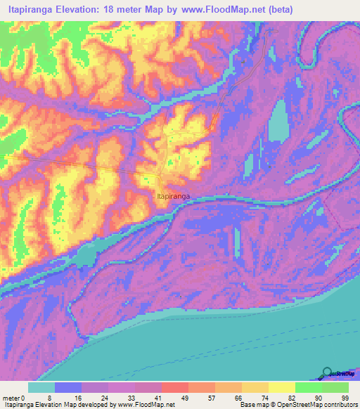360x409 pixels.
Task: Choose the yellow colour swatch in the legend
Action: [282, 387]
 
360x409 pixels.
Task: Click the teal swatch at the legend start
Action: [41, 387]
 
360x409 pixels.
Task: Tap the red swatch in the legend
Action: [175, 387]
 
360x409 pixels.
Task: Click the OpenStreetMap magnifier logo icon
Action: [328, 372]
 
